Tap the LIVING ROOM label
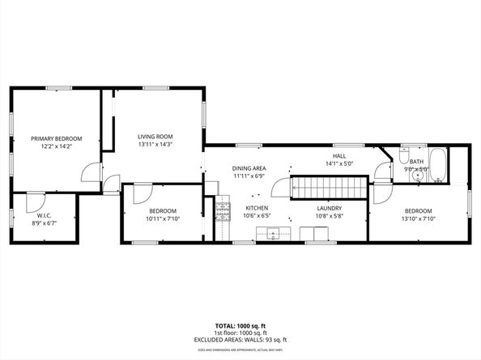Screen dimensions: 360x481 155,137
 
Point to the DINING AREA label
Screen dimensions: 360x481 249,167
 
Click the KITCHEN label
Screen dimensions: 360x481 257,208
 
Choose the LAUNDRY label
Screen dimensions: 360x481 329,208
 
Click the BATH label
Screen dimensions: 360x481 415,162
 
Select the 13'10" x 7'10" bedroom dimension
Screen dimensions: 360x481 420,218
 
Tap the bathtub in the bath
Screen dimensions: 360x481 437,165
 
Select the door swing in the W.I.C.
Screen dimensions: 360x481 34,201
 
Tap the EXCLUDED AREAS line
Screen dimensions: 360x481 240,340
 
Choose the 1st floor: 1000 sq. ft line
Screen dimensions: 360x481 240,333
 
